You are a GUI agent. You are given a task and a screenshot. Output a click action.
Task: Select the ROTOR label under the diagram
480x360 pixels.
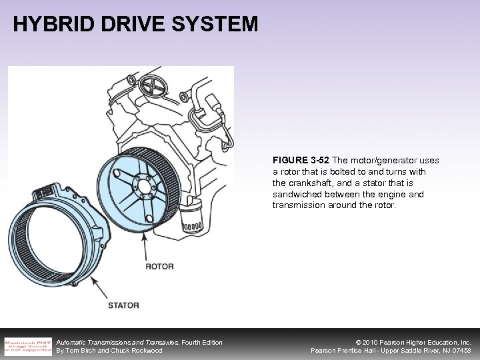(x=159, y=267)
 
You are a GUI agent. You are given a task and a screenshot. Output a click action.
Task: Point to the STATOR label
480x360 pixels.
(x=123, y=305)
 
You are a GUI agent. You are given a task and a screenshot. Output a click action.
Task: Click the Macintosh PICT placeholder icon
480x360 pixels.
(x=27, y=345)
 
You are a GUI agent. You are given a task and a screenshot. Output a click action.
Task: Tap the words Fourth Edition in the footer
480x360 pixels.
(x=202, y=342)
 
